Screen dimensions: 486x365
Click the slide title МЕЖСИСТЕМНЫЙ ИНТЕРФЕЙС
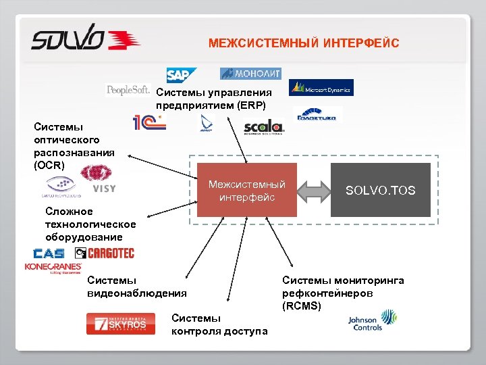tap(304, 44)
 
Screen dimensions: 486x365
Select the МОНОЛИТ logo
tap(250, 73)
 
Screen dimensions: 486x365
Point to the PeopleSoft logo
tap(128, 91)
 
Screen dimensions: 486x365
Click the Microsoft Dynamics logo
tap(321, 88)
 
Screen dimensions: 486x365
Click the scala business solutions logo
tap(259, 127)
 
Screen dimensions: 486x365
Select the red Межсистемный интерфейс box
tap(247, 190)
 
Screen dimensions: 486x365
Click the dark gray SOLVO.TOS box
tap(381, 191)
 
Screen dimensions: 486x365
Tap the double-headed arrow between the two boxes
tap(314, 191)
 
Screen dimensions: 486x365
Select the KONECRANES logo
tap(52, 268)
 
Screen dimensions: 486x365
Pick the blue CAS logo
tap(49, 253)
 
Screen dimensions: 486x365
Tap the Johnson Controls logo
tap(373, 320)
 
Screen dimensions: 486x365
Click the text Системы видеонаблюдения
tap(137, 287)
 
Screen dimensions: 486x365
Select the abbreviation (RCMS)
tap(302, 306)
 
